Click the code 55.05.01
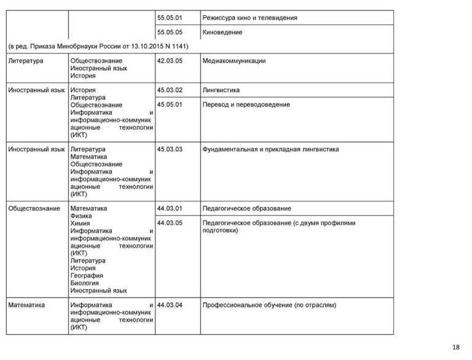click(170, 18)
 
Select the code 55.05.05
click(170, 32)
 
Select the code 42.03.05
click(170, 61)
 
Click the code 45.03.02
click(170, 90)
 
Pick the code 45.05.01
click(170, 104)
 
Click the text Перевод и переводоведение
click(246, 104)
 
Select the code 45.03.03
click(170, 149)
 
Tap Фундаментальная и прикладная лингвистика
click(270, 149)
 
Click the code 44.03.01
click(170, 208)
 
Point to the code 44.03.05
click(170, 222)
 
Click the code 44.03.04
click(170, 305)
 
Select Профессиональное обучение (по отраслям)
click(269, 305)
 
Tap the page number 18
click(455, 348)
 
